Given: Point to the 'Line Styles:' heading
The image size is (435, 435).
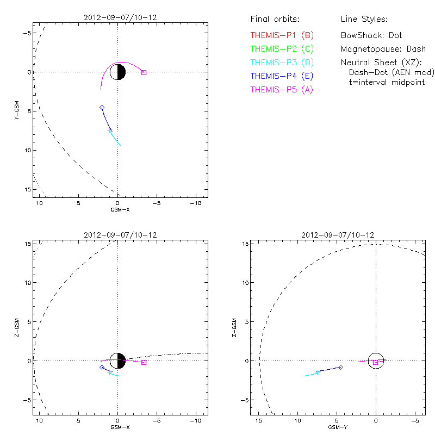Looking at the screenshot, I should coord(364,20).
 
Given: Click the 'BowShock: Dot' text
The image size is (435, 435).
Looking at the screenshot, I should coord(371,35).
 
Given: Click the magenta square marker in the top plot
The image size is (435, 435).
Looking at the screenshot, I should coord(144,72).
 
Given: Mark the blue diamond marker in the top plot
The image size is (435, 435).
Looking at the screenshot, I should coord(102,108).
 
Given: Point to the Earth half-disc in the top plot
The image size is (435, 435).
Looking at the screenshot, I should coord(118,72).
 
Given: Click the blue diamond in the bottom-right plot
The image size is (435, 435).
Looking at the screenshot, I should coord(341,367).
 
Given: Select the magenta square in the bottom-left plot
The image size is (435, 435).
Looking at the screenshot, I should coord(144,362).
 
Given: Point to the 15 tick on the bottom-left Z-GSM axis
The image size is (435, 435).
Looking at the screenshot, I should coord(27,243).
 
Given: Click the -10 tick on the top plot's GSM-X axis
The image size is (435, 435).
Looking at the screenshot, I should coord(195,203).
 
